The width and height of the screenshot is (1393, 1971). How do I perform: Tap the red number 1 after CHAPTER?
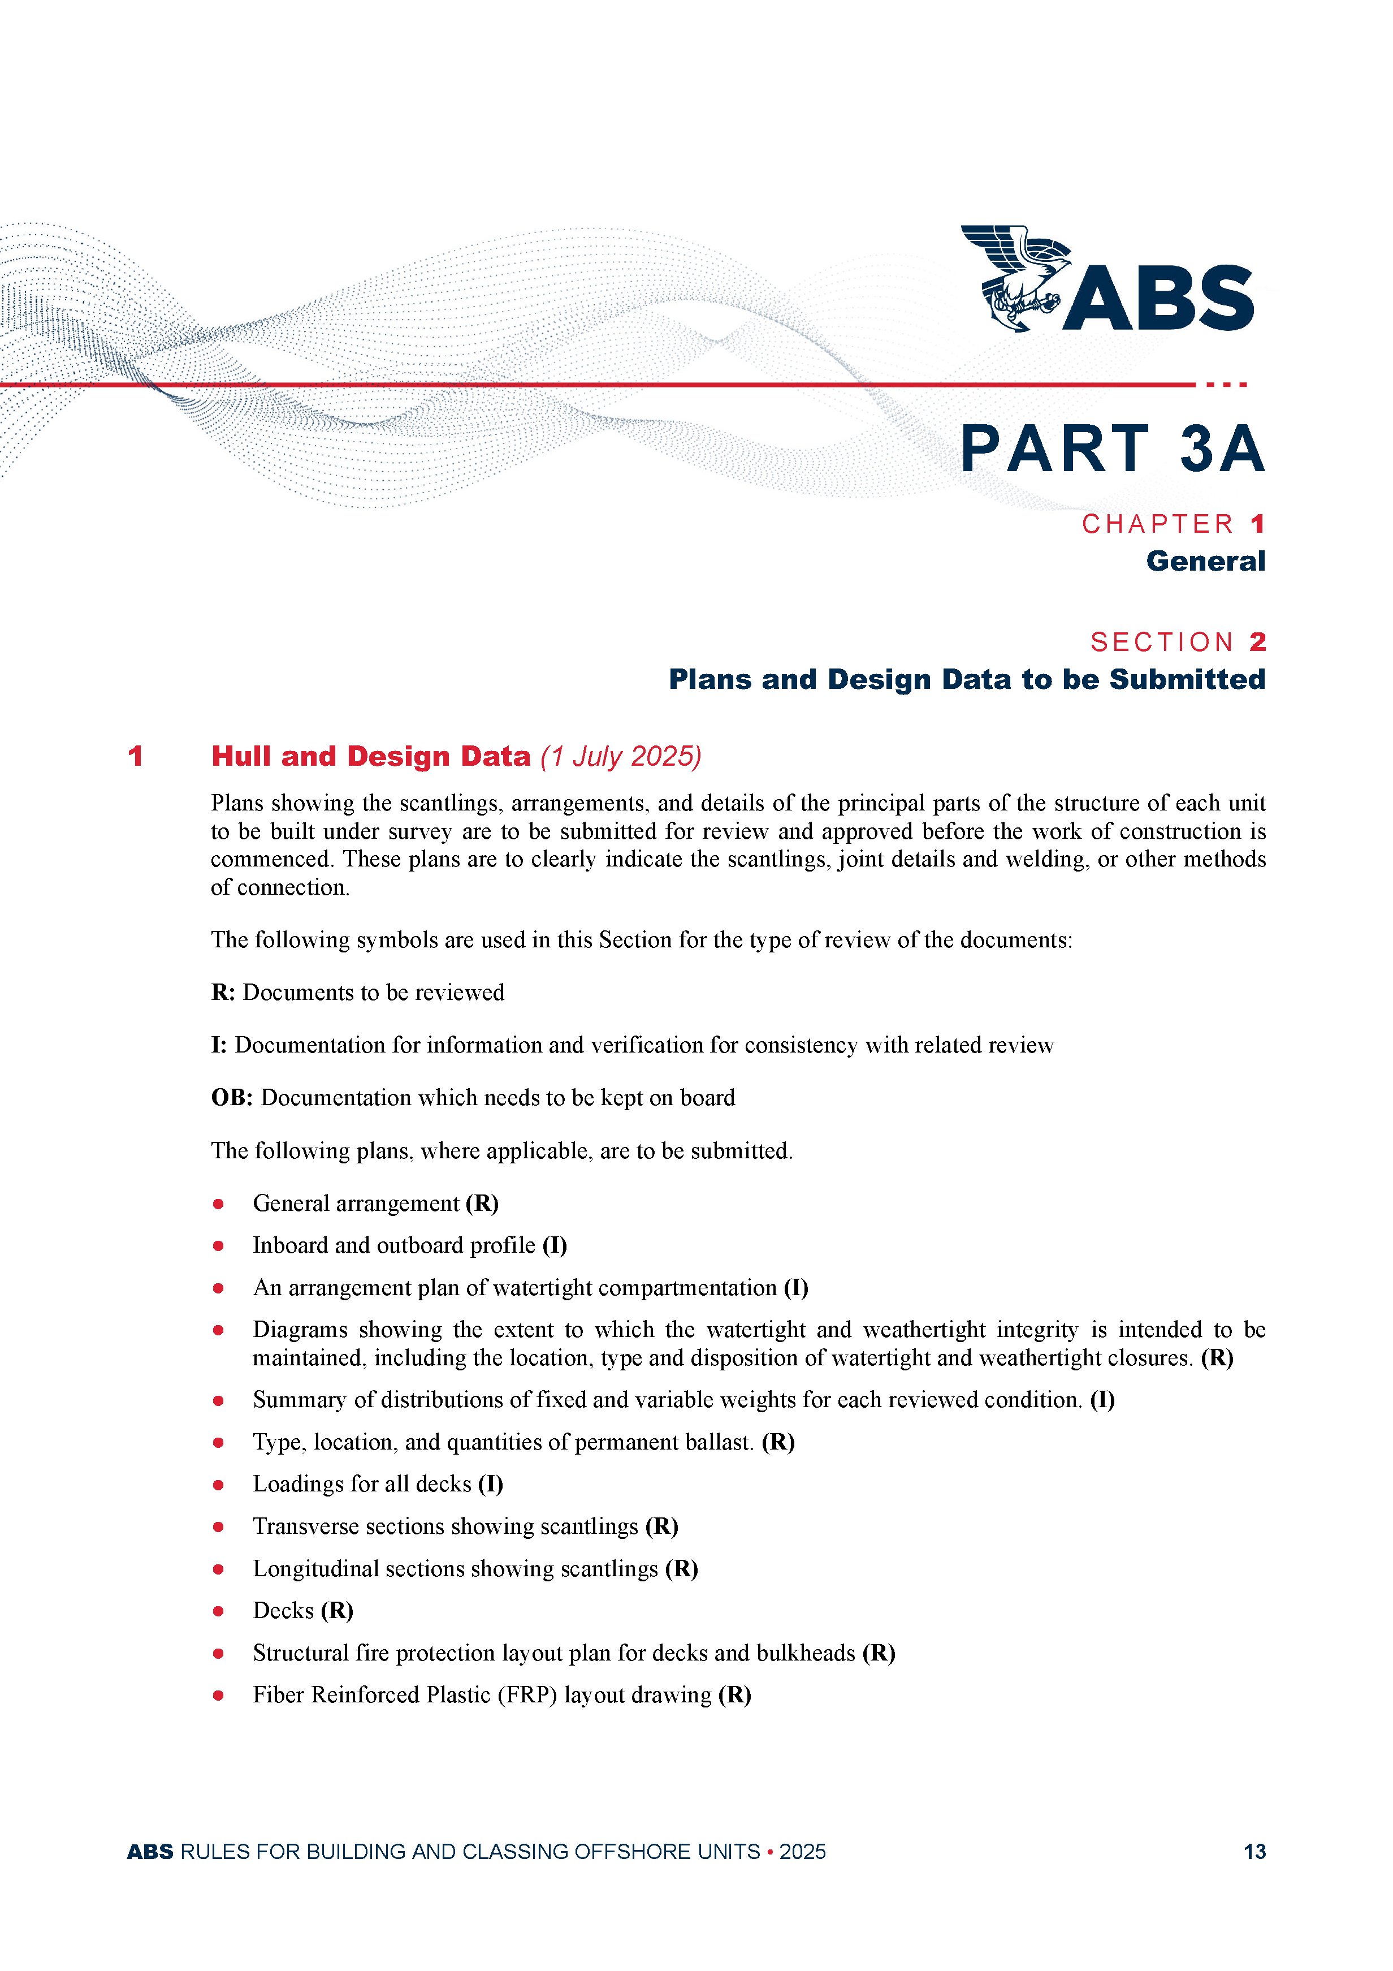coord(1257,524)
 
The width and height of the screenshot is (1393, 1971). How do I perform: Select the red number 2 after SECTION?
coord(1257,642)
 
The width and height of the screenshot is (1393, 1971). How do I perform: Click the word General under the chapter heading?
coord(1205,562)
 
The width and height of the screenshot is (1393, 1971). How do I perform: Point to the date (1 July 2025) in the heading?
coord(621,756)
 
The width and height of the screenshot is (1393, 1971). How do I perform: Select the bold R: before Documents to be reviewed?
coord(223,993)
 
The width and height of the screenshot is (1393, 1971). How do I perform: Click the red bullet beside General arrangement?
coord(219,1205)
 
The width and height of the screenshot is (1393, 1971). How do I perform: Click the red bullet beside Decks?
coord(219,1611)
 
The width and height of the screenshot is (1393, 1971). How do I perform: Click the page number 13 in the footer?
coord(1254,1852)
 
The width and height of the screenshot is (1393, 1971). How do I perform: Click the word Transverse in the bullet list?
coord(305,1527)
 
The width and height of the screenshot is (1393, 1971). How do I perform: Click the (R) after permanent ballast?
coord(777,1442)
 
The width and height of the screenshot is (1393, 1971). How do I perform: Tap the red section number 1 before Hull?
coord(135,756)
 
